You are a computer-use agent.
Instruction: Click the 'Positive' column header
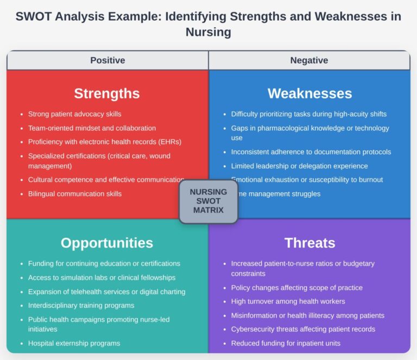click(108, 60)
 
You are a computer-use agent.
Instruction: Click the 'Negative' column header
click(309, 60)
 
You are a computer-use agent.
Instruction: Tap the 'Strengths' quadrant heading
click(107, 93)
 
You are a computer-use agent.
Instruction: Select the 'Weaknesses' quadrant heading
click(309, 93)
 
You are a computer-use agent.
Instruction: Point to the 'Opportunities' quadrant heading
click(107, 243)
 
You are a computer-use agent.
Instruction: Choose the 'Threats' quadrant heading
click(309, 243)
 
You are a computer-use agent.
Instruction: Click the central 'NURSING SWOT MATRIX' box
click(208, 201)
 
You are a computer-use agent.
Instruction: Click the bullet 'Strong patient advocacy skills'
click(74, 114)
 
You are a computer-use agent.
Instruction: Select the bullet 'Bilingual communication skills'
click(74, 194)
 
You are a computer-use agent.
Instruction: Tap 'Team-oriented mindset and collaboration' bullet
click(92, 128)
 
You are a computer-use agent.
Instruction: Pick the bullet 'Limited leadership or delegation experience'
click(299, 166)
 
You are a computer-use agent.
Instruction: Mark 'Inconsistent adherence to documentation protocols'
click(311, 152)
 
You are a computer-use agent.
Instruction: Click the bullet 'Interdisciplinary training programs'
click(81, 305)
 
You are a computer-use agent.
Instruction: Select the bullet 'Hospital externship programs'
click(74, 343)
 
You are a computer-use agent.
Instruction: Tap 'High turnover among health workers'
click(288, 301)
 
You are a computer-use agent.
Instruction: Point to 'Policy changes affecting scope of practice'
click(296, 288)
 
